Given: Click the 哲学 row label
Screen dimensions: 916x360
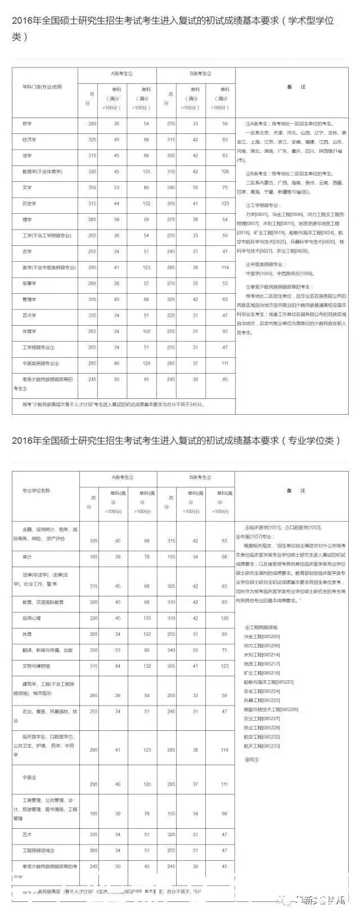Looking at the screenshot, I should click(27, 124).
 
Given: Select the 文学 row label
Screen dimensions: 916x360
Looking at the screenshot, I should click(27, 188).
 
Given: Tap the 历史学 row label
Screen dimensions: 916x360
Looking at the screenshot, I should click(29, 204).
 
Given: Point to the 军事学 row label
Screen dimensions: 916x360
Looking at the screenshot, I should click(29, 284).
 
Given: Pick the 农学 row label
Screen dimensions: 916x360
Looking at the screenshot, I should click(27, 252).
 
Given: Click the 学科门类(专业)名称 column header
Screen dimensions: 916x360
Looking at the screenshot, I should click(42, 87).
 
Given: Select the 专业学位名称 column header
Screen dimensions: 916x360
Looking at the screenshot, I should click(36, 491).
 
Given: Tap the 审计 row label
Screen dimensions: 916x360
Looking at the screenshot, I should click(27, 556).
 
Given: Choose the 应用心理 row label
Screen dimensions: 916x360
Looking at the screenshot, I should click(32, 618).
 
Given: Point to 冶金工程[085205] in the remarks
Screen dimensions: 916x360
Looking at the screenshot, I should click(261, 636).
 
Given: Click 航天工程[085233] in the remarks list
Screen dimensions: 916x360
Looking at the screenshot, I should click(261, 746).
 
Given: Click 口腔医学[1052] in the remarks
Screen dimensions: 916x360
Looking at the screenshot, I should click(306, 528).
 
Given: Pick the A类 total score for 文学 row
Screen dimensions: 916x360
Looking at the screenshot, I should click(92, 188).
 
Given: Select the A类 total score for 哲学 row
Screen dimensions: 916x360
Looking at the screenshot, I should click(92, 124).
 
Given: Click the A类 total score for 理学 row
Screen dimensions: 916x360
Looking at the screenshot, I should click(92, 219).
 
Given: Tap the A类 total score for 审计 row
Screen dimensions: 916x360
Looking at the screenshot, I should click(93, 556).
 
